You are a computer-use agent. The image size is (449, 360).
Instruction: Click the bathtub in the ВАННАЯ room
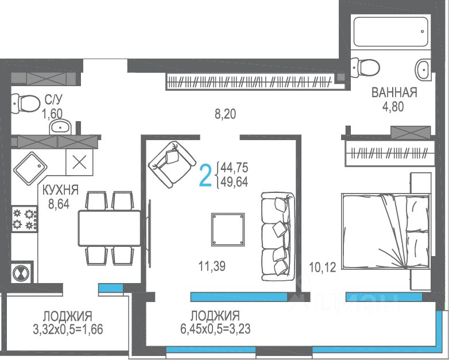(x=391, y=32)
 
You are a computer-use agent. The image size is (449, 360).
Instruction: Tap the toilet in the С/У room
(x=26, y=103)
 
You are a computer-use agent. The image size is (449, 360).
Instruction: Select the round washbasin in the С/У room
(x=60, y=126)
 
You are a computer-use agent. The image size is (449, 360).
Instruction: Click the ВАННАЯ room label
(x=394, y=93)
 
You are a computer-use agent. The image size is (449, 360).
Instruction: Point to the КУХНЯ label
(x=60, y=190)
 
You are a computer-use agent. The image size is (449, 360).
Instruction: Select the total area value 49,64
(x=234, y=182)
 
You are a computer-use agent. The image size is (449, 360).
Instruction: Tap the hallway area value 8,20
(x=225, y=114)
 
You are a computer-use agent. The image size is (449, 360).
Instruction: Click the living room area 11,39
(x=212, y=266)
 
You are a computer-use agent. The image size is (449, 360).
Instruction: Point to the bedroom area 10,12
(x=323, y=267)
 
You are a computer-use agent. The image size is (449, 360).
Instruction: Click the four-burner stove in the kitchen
(x=25, y=219)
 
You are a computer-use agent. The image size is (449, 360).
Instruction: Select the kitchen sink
(x=30, y=168)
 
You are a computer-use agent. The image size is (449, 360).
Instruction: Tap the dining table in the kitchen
(x=110, y=229)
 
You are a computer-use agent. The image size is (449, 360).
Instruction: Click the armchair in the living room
(x=172, y=164)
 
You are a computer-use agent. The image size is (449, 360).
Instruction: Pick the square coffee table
(x=228, y=230)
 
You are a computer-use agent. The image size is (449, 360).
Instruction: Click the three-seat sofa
(x=278, y=237)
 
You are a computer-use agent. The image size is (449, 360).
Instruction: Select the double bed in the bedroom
(x=386, y=231)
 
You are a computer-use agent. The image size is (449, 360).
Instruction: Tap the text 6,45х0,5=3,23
(x=215, y=329)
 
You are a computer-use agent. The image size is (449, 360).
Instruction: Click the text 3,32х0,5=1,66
(x=68, y=330)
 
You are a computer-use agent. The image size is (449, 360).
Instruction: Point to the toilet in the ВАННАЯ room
(x=365, y=68)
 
